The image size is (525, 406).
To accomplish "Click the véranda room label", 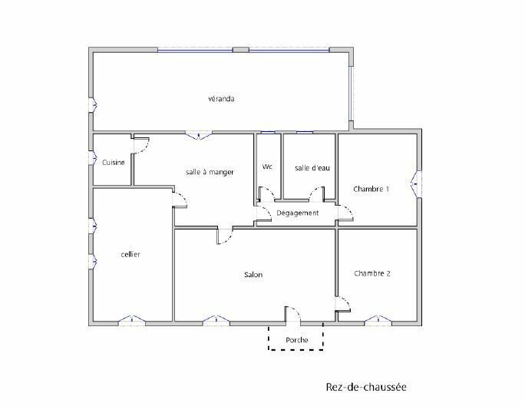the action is (221, 99).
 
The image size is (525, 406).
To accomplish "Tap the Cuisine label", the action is (114, 163).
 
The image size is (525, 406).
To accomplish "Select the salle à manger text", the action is (210, 172).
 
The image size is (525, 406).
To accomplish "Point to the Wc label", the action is (267, 167).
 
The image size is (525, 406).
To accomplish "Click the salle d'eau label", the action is (312, 167).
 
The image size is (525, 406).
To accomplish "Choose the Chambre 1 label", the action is (371, 189).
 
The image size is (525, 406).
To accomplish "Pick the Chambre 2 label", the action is (372, 273).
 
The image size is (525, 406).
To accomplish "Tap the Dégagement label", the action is (297, 213).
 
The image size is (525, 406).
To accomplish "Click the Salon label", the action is (253, 275).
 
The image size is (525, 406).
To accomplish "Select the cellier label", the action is (130, 254).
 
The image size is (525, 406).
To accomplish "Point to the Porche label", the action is (296, 340).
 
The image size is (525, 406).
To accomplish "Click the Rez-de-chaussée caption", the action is (366, 387).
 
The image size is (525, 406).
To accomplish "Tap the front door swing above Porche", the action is (293, 314).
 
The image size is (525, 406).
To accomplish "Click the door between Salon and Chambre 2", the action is (343, 304).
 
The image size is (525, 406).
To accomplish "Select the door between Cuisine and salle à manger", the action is (141, 145).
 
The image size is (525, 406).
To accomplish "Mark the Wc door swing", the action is (267, 194).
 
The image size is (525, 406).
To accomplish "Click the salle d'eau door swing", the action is (317, 194).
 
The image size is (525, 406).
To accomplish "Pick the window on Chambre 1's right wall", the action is (416, 184).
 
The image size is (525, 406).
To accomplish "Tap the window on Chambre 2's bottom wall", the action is (378, 320).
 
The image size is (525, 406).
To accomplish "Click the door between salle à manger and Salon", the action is (225, 236).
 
